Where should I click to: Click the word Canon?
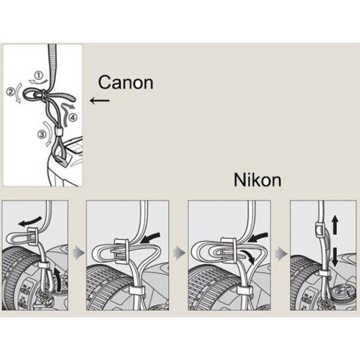click(125, 82)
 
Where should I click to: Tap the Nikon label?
click(257, 180)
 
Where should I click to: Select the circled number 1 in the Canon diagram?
click(39, 75)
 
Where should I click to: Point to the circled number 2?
click(10, 91)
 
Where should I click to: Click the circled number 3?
click(41, 135)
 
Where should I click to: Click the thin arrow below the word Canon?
click(99, 100)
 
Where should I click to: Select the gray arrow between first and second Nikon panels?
click(77, 254)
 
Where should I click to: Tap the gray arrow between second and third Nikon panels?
click(179, 254)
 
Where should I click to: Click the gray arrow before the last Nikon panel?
click(281, 254)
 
